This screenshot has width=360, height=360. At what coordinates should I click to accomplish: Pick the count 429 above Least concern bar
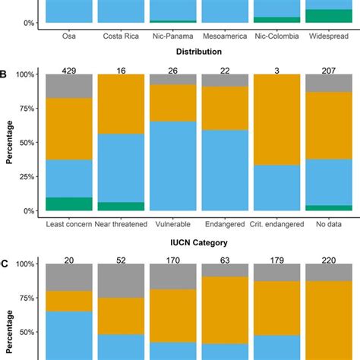[70, 71]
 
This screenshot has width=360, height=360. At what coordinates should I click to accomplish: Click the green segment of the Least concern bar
[70, 204]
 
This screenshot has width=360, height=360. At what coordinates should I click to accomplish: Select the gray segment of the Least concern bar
[70, 87]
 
